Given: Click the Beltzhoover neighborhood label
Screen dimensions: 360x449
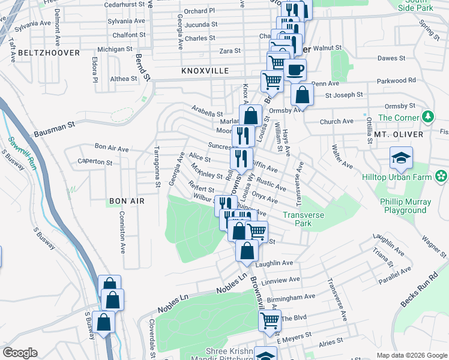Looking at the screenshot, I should [49, 53].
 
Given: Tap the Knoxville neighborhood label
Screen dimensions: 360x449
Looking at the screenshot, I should [205, 71].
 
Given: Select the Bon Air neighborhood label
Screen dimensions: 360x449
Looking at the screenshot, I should [127, 201].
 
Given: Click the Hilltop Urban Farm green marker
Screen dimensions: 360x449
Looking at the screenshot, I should [442, 176].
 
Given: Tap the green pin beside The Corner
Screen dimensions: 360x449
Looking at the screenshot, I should [428, 116].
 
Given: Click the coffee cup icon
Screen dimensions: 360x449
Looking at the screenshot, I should [295, 70].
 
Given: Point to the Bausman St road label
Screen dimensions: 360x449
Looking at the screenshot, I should [54, 128].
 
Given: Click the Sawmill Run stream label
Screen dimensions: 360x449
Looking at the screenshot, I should [22, 153].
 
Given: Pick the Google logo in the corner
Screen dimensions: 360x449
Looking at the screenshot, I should [20, 352].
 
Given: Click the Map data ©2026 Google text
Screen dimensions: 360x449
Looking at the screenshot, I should [412, 355].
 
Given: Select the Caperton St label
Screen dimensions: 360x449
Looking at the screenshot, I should [95, 162].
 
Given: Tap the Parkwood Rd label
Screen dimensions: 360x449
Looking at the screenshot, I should [396, 80].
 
